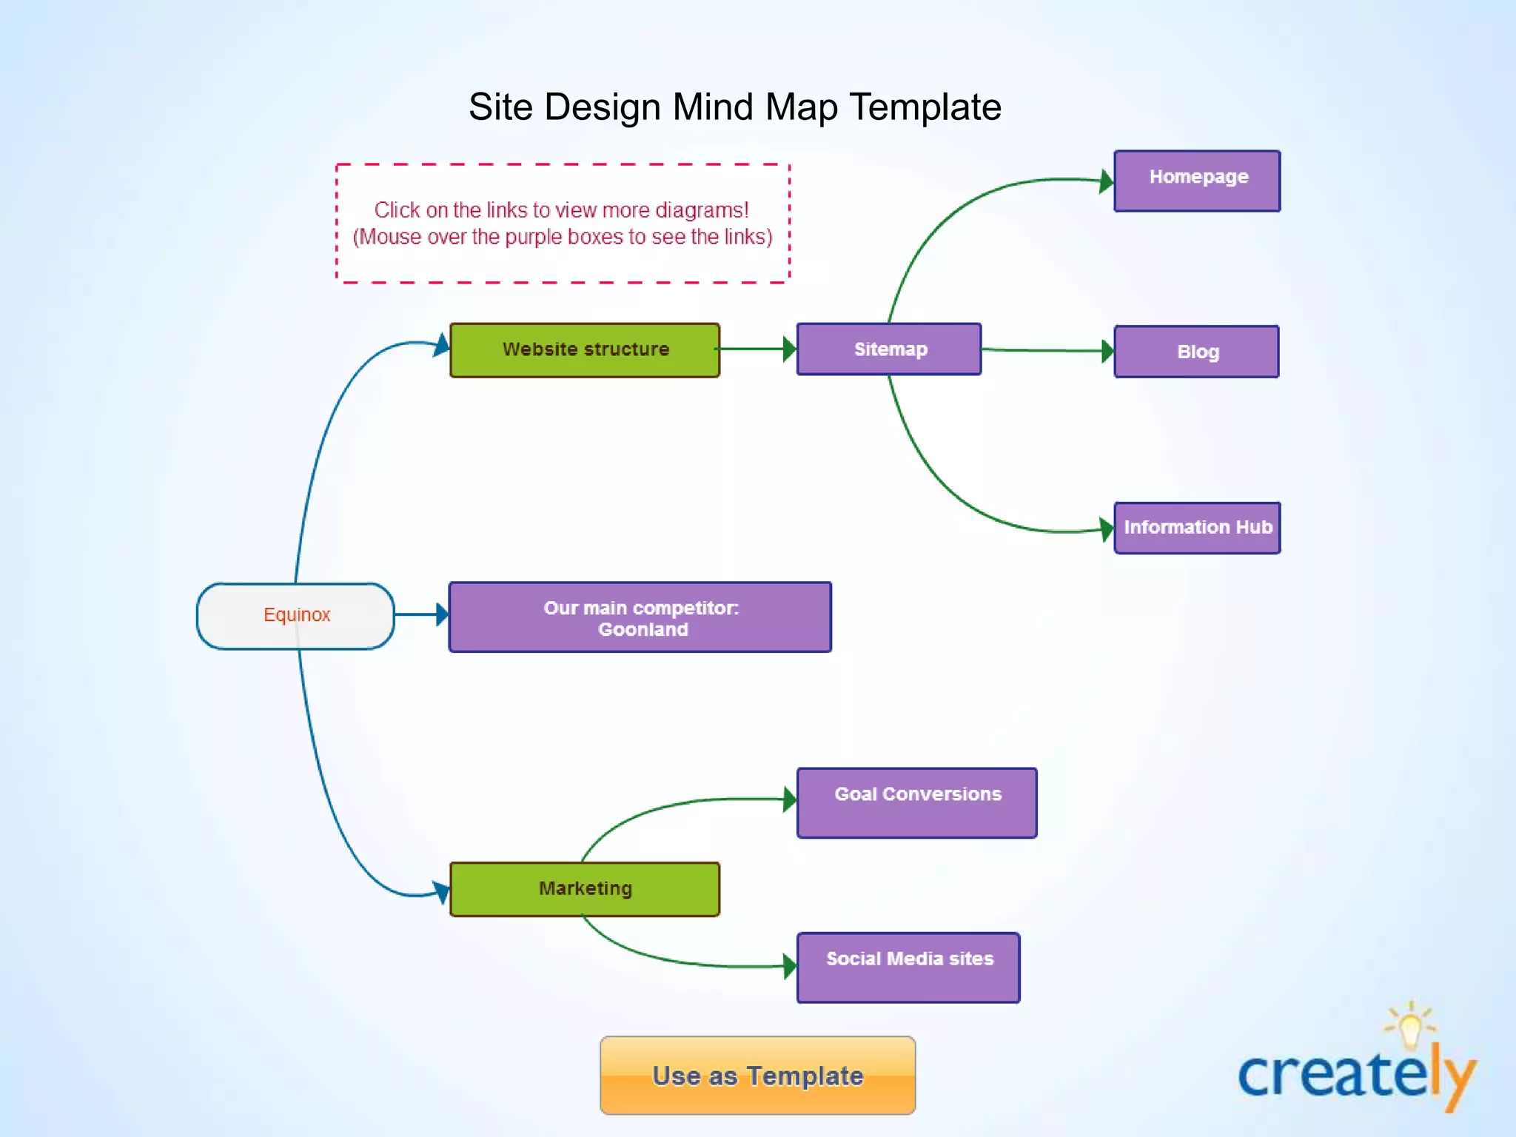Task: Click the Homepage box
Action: point(1197,181)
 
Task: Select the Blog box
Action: point(1196,352)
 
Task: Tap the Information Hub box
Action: point(1197,528)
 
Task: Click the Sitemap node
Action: point(889,349)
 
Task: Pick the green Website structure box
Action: point(585,350)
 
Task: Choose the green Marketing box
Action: point(585,889)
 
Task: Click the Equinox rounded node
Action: point(295,616)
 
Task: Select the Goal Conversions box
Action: point(916,803)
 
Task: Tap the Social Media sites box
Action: point(908,967)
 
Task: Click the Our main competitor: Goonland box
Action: point(640,617)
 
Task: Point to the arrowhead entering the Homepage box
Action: point(1107,181)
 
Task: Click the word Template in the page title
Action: point(925,107)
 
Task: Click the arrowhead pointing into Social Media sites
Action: point(790,966)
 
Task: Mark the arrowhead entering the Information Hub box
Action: point(1107,529)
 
